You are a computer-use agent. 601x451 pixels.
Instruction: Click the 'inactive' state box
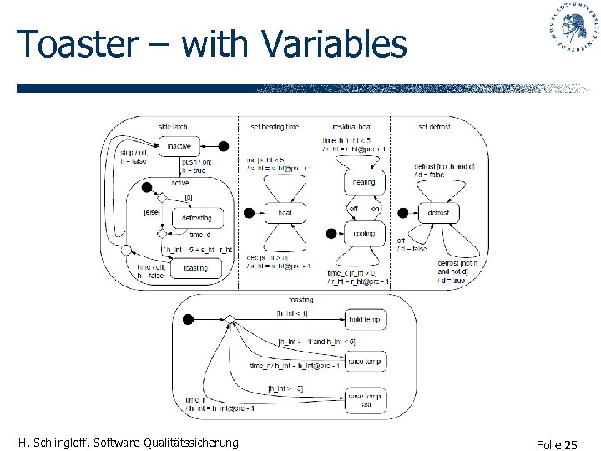pyautogui.click(x=179, y=146)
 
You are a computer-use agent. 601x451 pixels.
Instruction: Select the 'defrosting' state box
pyautogui.click(x=196, y=218)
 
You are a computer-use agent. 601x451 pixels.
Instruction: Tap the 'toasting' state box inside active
pyautogui.click(x=195, y=269)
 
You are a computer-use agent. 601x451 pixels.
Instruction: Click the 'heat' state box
pyautogui.click(x=285, y=213)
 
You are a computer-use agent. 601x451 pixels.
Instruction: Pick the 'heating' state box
pyautogui.click(x=364, y=182)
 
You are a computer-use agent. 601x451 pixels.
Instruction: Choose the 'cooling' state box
pyautogui.click(x=364, y=234)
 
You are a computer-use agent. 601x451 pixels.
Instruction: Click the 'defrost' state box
pyautogui.click(x=438, y=213)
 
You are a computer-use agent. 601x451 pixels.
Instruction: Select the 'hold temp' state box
pyautogui.click(x=364, y=319)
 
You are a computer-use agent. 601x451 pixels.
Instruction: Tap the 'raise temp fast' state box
pyautogui.click(x=364, y=400)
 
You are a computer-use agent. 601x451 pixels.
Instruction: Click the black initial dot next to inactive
pyautogui.click(x=223, y=146)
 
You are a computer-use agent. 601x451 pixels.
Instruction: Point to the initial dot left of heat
pyautogui.click(x=248, y=213)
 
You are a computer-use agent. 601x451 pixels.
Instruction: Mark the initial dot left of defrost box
pyautogui.click(x=402, y=213)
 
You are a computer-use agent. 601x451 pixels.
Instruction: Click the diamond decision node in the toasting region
pyautogui.click(x=228, y=319)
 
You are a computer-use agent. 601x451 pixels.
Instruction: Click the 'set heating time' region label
pyautogui.click(x=274, y=127)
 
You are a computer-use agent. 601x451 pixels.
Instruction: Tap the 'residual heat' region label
pyautogui.click(x=352, y=127)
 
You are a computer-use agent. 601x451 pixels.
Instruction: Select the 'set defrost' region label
pyautogui.click(x=434, y=127)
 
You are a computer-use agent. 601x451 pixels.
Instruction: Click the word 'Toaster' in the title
pyautogui.click(x=74, y=44)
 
